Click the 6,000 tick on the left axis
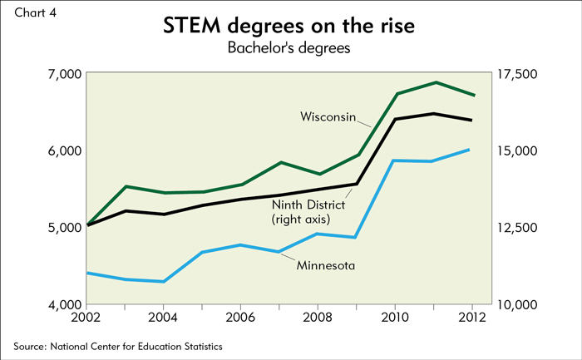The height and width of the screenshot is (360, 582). [x=61, y=150]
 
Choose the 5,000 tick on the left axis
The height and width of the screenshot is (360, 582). [x=61, y=228]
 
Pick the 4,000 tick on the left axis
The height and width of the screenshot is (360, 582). [x=61, y=304]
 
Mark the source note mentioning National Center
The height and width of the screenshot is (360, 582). [x=118, y=345]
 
